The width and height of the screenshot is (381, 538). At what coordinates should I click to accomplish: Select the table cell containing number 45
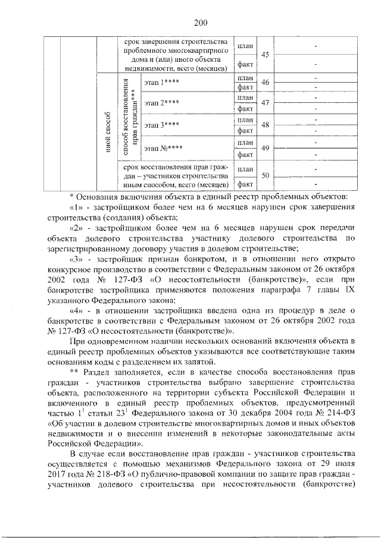(266, 55)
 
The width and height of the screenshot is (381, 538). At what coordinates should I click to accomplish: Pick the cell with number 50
(266, 176)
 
